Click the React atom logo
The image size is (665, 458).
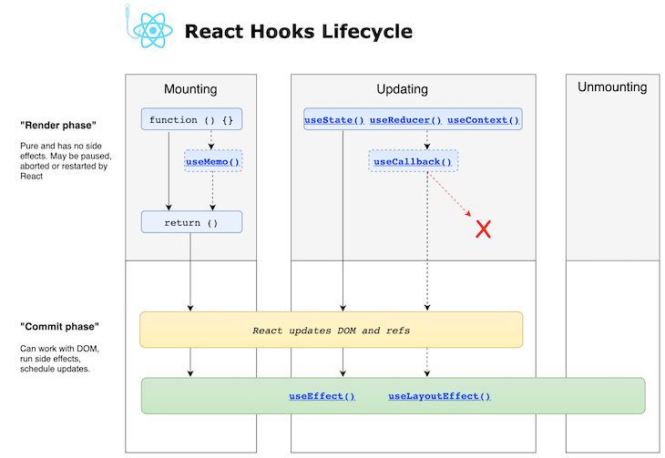[152, 31]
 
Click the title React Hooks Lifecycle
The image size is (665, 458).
[298, 32]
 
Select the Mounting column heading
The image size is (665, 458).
[190, 89]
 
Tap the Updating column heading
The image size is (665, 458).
[402, 89]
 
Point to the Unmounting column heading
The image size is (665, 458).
[612, 87]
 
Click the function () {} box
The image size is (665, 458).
[191, 119]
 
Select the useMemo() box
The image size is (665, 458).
[212, 162]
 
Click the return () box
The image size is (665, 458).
[191, 222]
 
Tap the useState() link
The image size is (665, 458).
[333, 119]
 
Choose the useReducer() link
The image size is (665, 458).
[405, 119]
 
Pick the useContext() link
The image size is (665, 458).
[483, 119]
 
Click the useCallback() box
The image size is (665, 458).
[413, 162]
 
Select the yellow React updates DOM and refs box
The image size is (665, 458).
[331, 330]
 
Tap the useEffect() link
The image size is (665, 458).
[322, 396]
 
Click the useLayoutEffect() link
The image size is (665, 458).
[439, 396]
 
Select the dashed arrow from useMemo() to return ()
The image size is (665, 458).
[212, 191]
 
